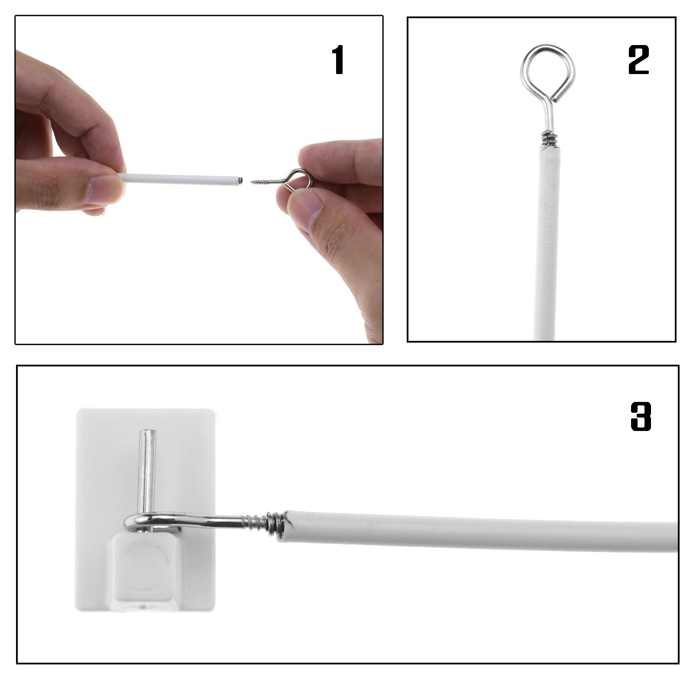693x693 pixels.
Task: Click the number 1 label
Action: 338,61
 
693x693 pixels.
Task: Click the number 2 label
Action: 638,61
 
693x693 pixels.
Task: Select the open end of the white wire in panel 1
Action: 236,180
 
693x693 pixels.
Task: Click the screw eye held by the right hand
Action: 291,178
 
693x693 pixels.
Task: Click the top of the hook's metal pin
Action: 147,433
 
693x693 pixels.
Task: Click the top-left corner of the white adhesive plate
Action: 80,411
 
